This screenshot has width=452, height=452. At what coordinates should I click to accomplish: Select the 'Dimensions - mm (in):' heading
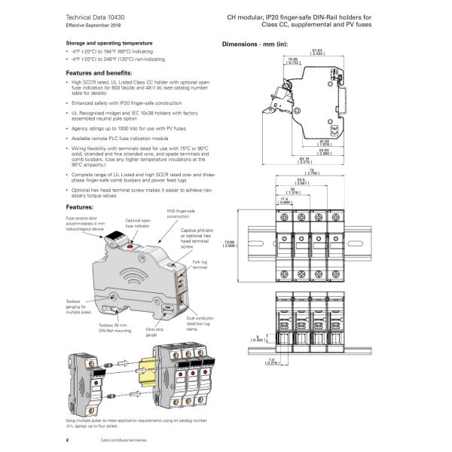pyautogui.click(x=255, y=44)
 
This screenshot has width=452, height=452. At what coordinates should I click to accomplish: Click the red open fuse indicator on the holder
pyautogui.click(x=129, y=246)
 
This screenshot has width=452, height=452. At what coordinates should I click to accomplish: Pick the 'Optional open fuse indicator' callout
pyautogui.click(x=137, y=223)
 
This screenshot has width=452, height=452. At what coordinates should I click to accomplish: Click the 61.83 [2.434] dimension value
pyautogui.click(x=316, y=52)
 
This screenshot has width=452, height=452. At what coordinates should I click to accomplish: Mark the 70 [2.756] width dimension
pyautogui.click(x=312, y=173)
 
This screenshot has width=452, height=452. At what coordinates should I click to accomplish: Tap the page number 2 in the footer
pyautogui.click(x=69, y=438)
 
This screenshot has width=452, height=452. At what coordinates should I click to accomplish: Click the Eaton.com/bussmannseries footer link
pyautogui.click(x=121, y=438)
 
